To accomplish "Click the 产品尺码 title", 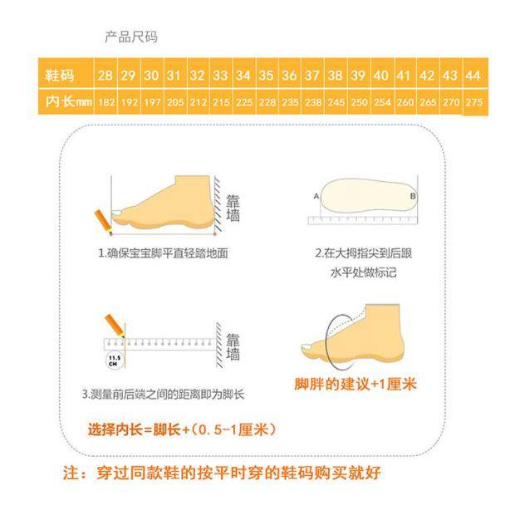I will pyautogui.click(x=130, y=37).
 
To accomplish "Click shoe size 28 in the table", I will pyautogui.click(x=105, y=76).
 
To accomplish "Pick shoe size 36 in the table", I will pyautogui.click(x=289, y=76).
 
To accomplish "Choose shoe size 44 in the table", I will pyautogui.click(x=473, y=76).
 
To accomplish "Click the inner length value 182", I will pyautogui.click(x=105, y=101).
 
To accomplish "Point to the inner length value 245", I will pyautogui.click(x=336, y=101).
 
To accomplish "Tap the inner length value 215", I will pyautogui.click(x=221, y=101).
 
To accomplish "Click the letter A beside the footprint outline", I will pyautogui.click(x=316, y=195).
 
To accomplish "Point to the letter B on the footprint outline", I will pyautogui.click(x=412, y=195).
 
